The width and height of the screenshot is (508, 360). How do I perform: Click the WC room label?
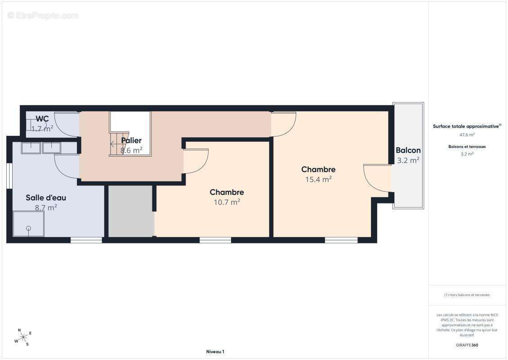point(42,119)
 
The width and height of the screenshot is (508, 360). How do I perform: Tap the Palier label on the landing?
point(131,140)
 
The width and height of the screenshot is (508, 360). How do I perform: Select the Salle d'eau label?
point(46,198)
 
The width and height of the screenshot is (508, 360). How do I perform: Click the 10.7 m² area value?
point(227,202)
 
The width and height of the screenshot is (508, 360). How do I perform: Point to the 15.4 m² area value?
point(318,180)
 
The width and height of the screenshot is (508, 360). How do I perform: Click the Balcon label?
point(408,150)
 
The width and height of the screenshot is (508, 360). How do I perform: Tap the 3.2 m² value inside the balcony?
point(408,160)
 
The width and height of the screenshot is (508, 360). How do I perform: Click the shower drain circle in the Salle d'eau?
point(28,228)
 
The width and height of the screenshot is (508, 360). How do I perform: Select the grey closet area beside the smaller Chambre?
point(131,211)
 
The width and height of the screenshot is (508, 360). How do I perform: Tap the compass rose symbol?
point(23,337)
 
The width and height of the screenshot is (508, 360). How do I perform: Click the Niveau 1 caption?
point(215,351)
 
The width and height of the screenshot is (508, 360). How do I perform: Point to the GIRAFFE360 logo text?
point(467,345)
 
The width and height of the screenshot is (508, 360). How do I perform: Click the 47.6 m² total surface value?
point(467,135)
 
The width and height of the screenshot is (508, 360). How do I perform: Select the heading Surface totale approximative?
point(467,126)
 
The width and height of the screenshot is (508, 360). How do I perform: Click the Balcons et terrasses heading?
point(467,147)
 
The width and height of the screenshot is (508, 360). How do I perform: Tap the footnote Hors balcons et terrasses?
point(467,295)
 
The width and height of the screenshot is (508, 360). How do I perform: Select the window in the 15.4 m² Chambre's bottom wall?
point(341,240)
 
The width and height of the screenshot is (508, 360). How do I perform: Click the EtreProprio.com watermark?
point(43,16)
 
